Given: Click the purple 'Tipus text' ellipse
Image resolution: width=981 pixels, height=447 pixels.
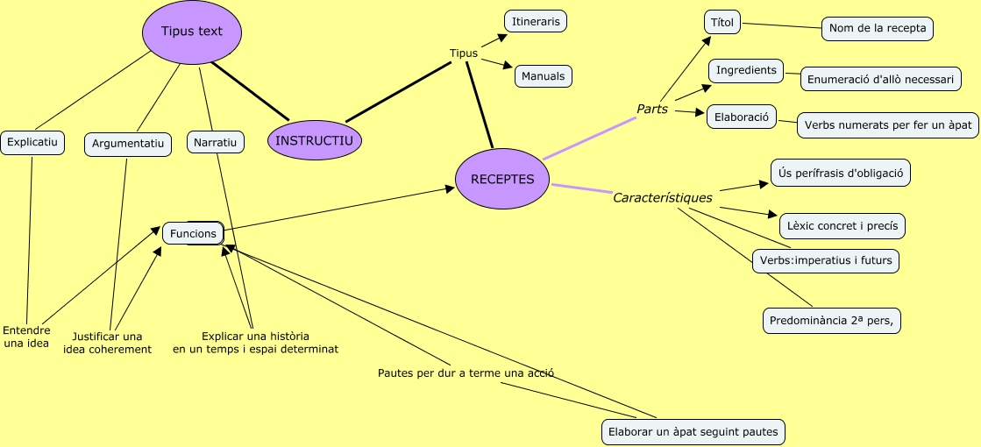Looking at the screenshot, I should (192, 32).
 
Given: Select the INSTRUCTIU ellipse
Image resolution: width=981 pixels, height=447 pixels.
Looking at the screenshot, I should (315, 140).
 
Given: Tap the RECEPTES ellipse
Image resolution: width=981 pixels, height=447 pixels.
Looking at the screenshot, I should (503, 180).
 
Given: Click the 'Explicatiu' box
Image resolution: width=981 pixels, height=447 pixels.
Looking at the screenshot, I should (32, 142).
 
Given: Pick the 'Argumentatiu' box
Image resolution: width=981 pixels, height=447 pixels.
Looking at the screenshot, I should (128, 144).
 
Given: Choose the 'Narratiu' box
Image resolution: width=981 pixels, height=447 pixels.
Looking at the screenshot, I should (216, 142).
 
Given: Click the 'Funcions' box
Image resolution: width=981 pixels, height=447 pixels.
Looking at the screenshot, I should (193, 233).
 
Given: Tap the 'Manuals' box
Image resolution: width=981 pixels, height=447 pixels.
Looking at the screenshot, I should (544, 76).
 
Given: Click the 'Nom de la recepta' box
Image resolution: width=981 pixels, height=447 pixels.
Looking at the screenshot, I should (877, 28).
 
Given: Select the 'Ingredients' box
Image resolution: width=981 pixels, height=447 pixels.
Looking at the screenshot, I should (746, 70).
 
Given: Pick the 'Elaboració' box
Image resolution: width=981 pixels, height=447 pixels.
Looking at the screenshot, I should (742, 117).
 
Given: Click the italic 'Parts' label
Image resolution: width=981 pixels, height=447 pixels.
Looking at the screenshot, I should (652, 110).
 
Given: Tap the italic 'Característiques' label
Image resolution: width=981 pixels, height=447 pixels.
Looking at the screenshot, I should (663, 198).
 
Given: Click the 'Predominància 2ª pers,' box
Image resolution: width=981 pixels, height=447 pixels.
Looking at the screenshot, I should (832, 321).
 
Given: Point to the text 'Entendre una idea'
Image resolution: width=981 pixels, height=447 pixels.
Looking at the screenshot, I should (26, 337).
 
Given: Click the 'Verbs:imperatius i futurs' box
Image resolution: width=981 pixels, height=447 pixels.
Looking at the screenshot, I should (826, 260).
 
